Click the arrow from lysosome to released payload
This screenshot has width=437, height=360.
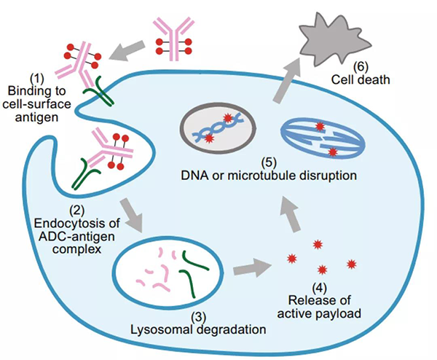click(x=251, y=270)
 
